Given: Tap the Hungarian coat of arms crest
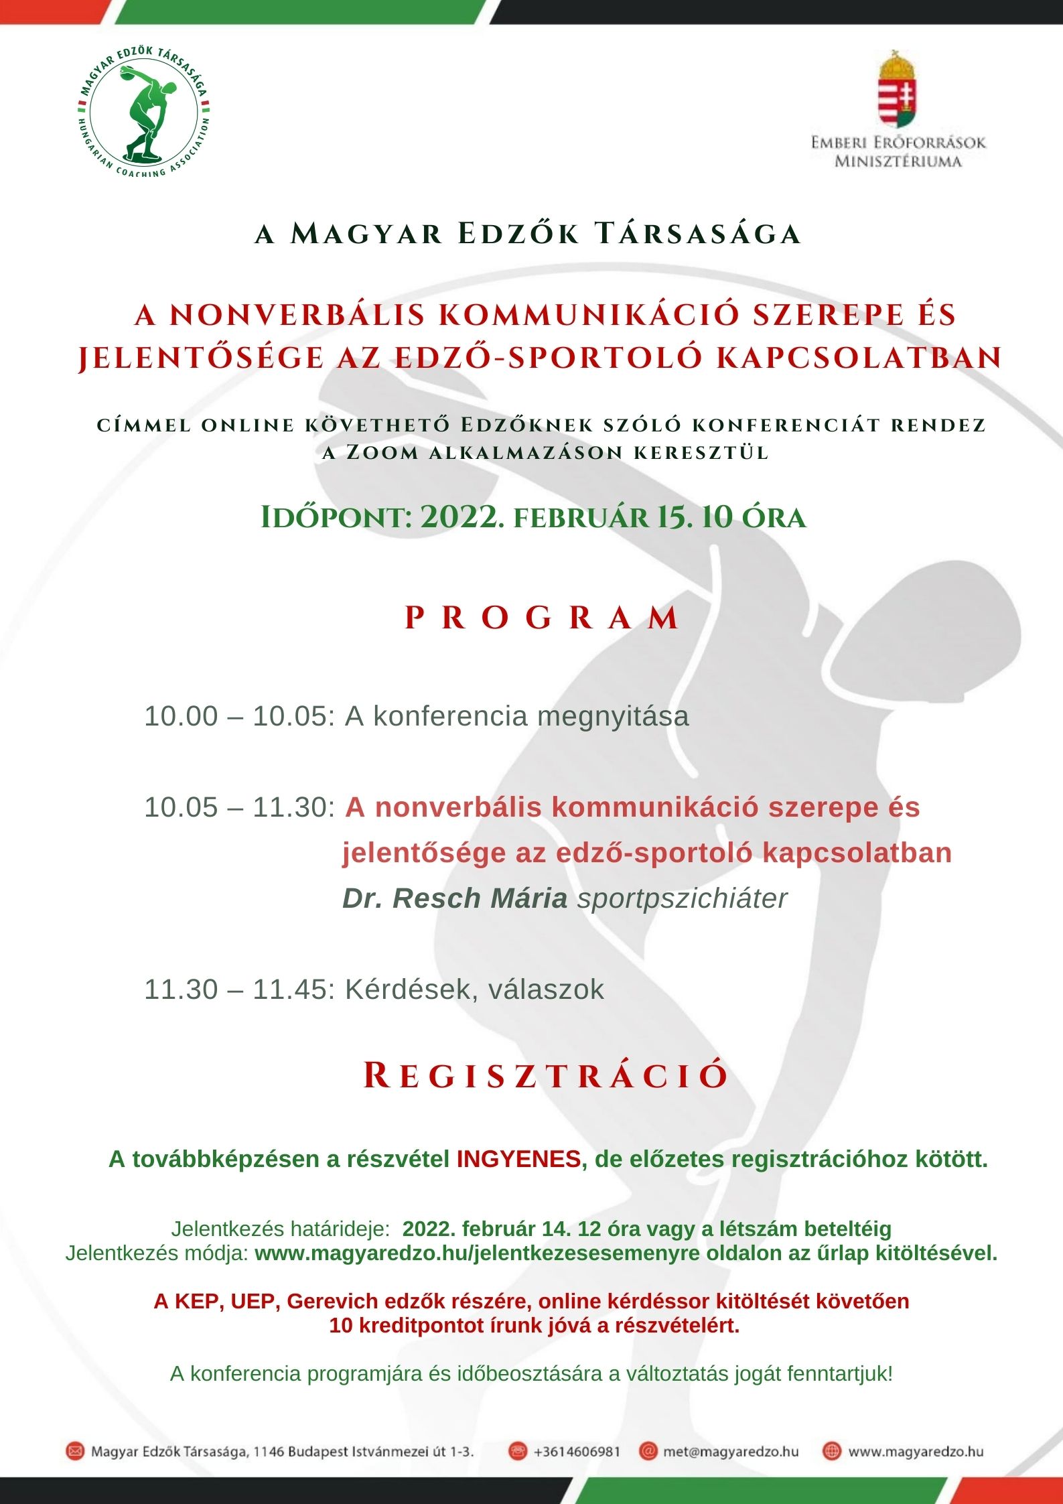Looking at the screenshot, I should click(x=898, y=89).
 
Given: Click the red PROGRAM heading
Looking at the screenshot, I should click(x=543, y=618).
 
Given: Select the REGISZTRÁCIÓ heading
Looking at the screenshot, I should click(x=545, y=1076).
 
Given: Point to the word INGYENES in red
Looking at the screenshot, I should click(x=518, y=1160).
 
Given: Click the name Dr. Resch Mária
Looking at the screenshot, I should click(x=455, y=898).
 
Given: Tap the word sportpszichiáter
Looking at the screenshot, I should click(x=682, y=898).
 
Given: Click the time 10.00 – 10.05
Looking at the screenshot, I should click(x=238, y=716).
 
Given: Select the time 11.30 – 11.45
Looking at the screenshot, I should click(x=238, y=989).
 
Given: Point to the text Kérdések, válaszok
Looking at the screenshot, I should click(x=474, y=989).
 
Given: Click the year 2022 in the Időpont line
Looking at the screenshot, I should click(x=462, y=517).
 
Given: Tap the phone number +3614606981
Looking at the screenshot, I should click(x=577, y=1452).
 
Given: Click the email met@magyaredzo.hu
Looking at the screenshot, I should click(x=731, y=1452).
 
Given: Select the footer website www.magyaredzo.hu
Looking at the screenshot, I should click(x=916, y=1452).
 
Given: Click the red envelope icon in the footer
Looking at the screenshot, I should click(x=75, y=1452).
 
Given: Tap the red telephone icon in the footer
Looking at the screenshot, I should click(x=517, y=1452).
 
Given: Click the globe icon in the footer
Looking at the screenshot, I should click(x=831, y=1452).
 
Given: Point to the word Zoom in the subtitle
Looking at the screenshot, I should click(x=382, y=453).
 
